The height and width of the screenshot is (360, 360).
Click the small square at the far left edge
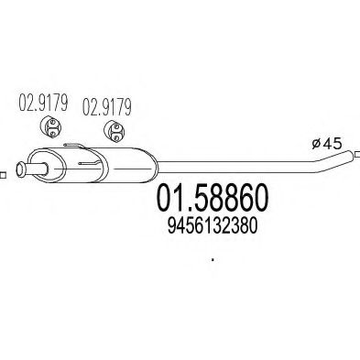3,170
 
